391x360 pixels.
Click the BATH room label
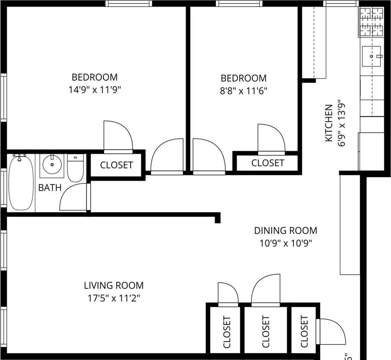50,188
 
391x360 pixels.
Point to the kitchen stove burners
372,22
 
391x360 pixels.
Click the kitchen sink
371,56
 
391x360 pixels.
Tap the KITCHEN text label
329,123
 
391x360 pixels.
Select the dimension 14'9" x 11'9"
95,90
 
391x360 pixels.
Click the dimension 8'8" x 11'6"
243,91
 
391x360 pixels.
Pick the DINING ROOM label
286,231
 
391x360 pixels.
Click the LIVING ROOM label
114,285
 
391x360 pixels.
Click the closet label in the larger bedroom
116,165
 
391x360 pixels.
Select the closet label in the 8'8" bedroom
268,163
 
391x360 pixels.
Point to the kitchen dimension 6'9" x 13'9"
342,123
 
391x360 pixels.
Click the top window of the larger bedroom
129,4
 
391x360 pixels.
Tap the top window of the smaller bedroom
239,4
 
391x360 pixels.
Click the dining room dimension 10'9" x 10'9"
286,244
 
